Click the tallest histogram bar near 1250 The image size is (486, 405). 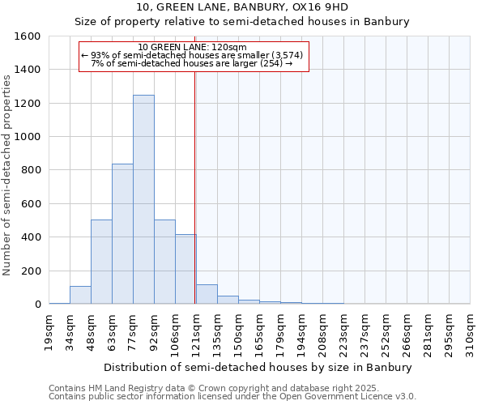click(x=143, y=199)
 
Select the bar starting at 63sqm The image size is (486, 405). click(x=122, y=234)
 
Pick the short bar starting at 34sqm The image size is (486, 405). click(x=80, y=295)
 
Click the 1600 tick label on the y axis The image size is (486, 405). click(x=28, y=36)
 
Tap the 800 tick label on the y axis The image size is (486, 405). click(x=32, y=170)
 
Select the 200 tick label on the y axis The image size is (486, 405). click(x=32, y=271)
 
